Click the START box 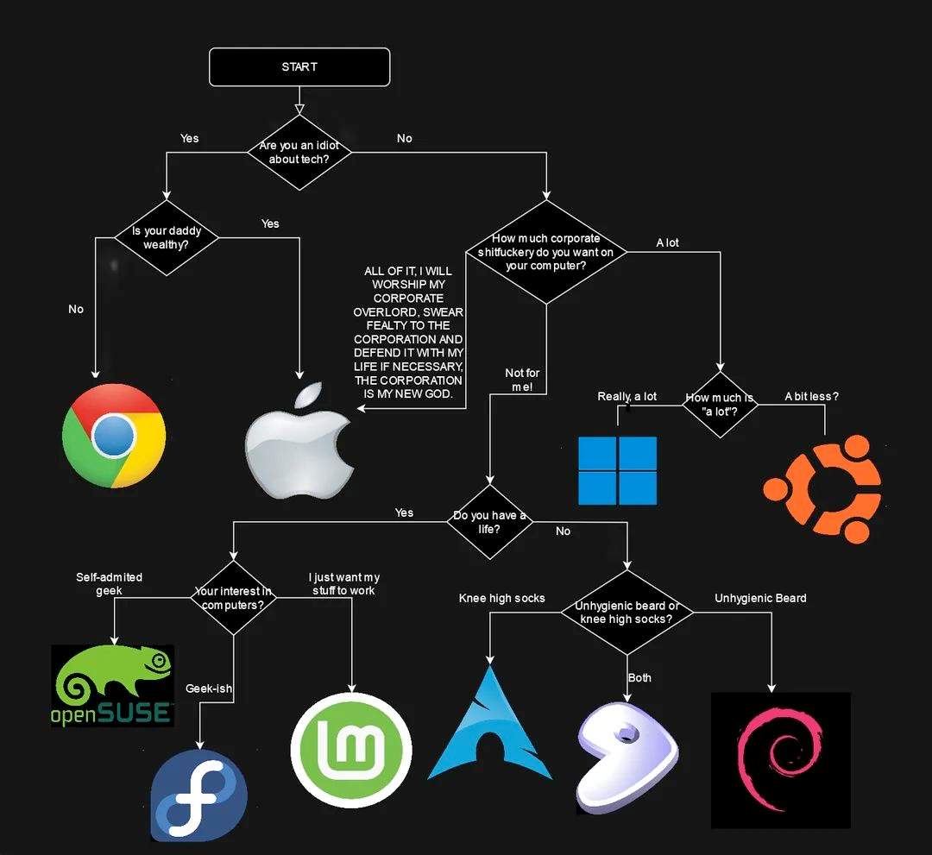[299, 67]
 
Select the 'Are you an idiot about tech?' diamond [299, 153]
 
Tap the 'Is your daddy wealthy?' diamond [167, 237]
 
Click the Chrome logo [114, 436]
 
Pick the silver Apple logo [299, 440]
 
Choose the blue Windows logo [618, 470]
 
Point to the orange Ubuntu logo [822, 489]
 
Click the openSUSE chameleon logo [113, 686]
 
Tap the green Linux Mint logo [351, 750]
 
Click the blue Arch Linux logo [490, 722]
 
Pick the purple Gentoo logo [627, 758]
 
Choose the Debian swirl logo [781, 760]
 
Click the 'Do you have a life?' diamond [490, 522]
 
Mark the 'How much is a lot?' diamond [720, 405]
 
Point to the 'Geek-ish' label [209, 688]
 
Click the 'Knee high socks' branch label [501, 598]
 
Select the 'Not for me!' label [522, 380]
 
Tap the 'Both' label [639, 678]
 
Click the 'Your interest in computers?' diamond [234, 598]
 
